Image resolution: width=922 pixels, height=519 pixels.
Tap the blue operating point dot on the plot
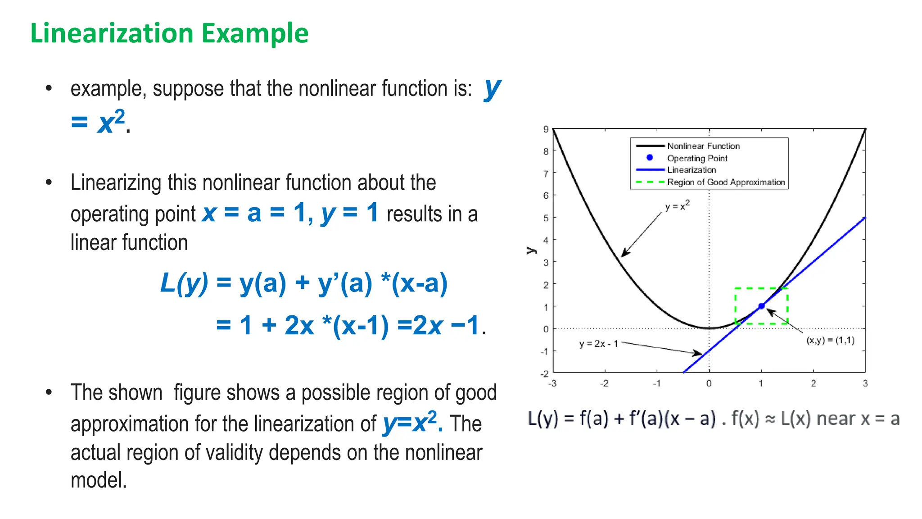tap(761, 306)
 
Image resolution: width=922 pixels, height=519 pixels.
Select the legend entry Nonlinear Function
tap(703, 146)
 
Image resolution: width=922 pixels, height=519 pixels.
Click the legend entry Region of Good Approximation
tap(726, 182)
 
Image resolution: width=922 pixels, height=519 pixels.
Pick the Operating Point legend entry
tap(697, 158)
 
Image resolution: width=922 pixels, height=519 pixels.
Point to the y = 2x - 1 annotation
tap(598, 344)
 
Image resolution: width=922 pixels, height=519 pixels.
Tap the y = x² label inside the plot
tap(677, 206)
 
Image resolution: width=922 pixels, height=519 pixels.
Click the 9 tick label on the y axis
tap(546, 129)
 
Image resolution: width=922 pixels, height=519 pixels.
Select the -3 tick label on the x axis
tap(552, 383)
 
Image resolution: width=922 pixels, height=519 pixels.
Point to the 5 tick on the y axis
tap(546, 218)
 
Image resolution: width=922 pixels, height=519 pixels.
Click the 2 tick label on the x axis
tap(813, 383)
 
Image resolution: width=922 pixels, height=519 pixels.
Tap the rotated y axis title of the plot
tap(532, 250)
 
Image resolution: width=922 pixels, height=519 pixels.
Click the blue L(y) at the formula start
tap(184, 283)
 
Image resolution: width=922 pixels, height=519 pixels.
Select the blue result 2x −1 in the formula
tap(446, 325)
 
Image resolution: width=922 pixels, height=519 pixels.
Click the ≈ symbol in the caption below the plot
tap(770, 419)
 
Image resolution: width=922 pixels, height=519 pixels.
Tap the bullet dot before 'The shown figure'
tap(49, 392)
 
